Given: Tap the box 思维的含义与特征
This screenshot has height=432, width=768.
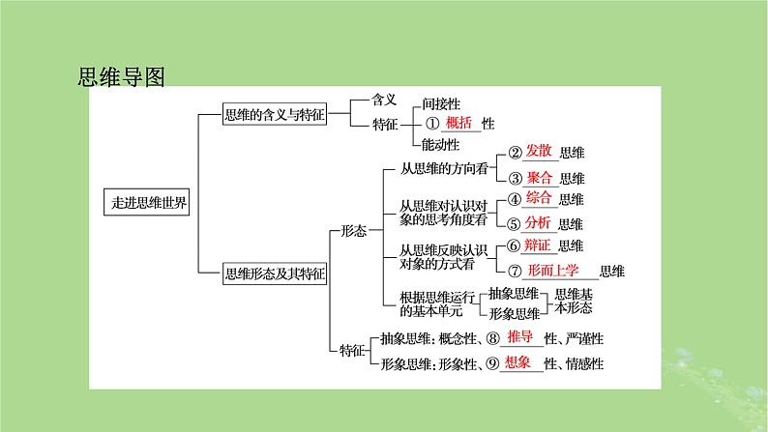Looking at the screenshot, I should [273, 115].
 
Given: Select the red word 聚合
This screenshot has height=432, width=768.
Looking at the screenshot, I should [540, 177].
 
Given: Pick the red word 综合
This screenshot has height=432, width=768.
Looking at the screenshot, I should [540, 198].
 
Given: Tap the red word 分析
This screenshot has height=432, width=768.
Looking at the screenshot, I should [540, 223].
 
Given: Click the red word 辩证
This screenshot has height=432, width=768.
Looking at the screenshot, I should [540, 245].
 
